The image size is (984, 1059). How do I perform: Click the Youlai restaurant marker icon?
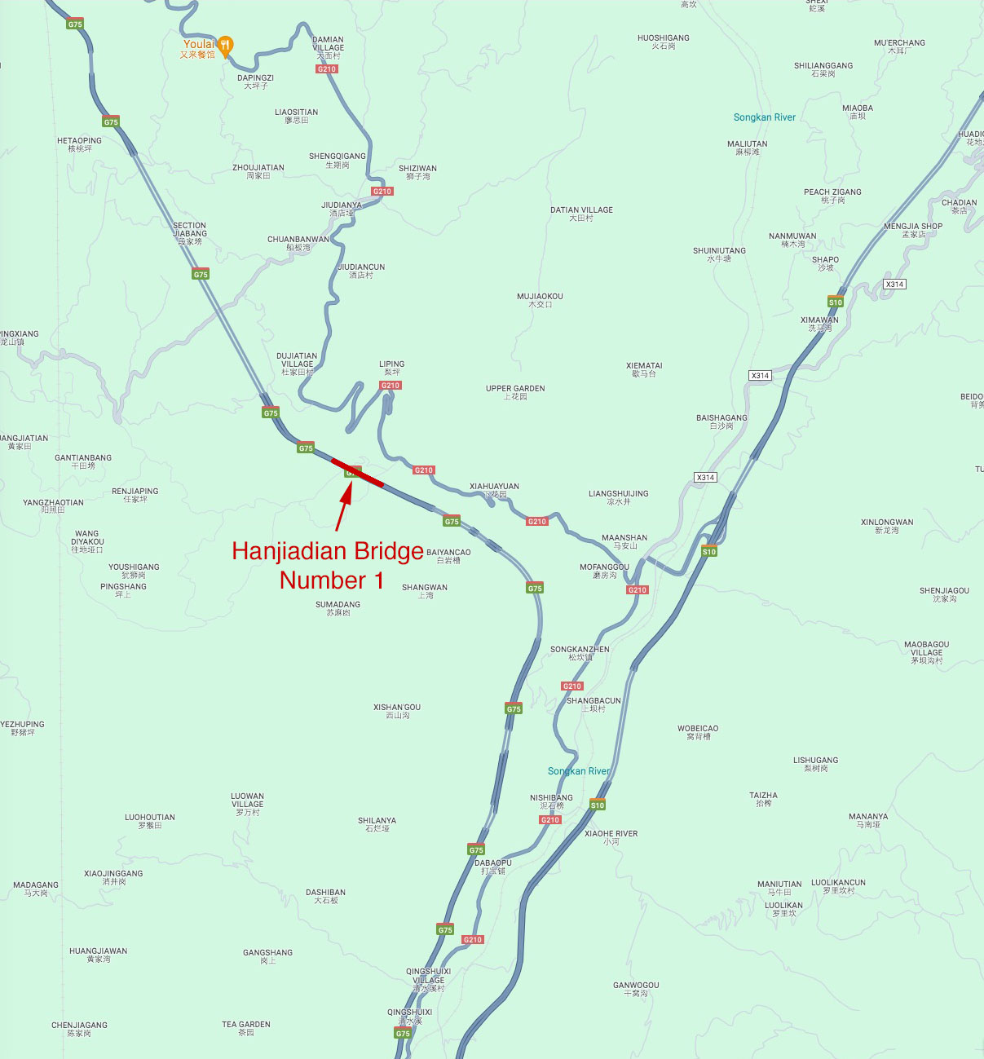(x=226, y=45)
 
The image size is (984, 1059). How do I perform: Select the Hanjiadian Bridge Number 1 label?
(x=328, y=565)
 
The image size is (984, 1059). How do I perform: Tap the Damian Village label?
(x=328, y=44)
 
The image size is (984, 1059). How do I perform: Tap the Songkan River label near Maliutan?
(x=764, y=117)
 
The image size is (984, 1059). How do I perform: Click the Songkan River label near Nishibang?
(x=578, y=771)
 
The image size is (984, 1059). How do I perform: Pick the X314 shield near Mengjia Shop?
(x=894, y=285)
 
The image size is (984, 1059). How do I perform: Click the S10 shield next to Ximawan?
(x=835, y=302)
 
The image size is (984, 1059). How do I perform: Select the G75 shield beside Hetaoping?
(x=111, y=121)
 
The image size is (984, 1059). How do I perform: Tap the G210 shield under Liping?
(x=391, y=386)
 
